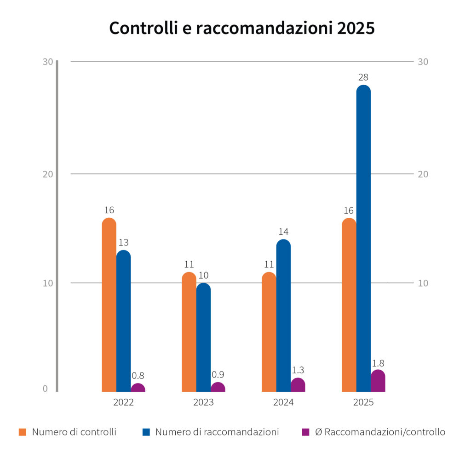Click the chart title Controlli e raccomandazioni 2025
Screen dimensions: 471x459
point(242,28)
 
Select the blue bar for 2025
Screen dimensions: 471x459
point(363,238)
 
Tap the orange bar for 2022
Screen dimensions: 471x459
point(109,305)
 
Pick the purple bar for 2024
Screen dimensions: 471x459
point(298,385)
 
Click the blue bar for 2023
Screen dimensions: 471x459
point(204,337)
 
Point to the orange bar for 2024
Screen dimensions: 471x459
point(269,332)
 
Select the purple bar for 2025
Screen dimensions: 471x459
point(378,381)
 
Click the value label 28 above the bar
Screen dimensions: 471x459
point(363,77)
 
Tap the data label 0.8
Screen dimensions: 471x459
point(138,375)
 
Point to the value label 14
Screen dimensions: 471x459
point(283,232)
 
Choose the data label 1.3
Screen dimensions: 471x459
point(298,370)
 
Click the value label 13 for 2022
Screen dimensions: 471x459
point(123,242)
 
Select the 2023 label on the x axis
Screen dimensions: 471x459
point(203,402)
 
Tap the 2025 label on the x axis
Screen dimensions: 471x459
point(363,402)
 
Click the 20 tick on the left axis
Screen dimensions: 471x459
point(48,174)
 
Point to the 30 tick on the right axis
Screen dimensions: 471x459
point(423,62)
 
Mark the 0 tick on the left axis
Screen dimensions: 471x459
point(45,389)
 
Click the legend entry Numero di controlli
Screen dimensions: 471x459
point(67,432)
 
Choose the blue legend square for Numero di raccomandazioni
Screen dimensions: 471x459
point(146,432)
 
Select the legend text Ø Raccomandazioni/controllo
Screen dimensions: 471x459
point(380,432)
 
